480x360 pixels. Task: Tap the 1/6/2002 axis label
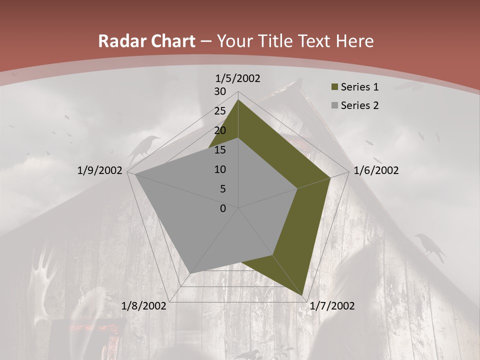tap(376, 171)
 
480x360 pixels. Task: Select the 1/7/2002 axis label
tap(332, 306)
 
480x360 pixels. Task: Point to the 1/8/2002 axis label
tap(144, 306)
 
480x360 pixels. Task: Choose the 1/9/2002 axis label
tap(100, 171)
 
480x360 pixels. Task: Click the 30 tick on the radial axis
tap(220, 91)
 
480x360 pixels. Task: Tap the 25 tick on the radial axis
tap(220, 111)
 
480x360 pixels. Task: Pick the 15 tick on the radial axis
tap(220, 150)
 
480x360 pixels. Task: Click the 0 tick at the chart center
tap(223, 208)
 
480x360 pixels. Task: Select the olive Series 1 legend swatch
tap(334, 87)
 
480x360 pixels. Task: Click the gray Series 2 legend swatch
tap(334, 105)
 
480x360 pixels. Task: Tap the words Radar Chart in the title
tap(146, 41)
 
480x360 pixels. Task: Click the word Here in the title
tap(355, 41)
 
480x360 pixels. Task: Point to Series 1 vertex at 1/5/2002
tap(238, 99)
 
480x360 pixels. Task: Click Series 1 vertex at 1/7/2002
tap(302, 295)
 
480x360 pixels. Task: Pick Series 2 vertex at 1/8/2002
tap(190, 273)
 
